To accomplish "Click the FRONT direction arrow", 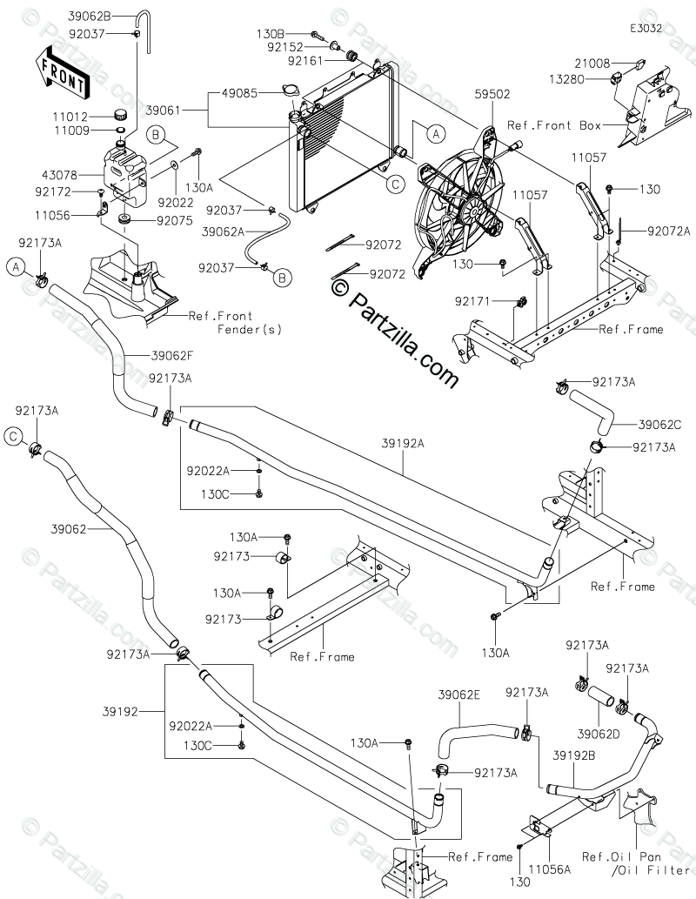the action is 62,71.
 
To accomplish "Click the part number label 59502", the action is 492,94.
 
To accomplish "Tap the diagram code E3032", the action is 646,28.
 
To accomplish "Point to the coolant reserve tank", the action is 125,174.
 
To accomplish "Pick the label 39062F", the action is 172,356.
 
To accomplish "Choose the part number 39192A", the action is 403,443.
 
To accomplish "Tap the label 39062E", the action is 459,694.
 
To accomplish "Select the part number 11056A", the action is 550,869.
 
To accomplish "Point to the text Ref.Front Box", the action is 554,125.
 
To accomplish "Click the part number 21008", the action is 592,63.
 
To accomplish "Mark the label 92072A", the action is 669,231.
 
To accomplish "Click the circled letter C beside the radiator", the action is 395,184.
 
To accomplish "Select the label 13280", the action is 567,79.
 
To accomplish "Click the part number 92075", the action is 175,221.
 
